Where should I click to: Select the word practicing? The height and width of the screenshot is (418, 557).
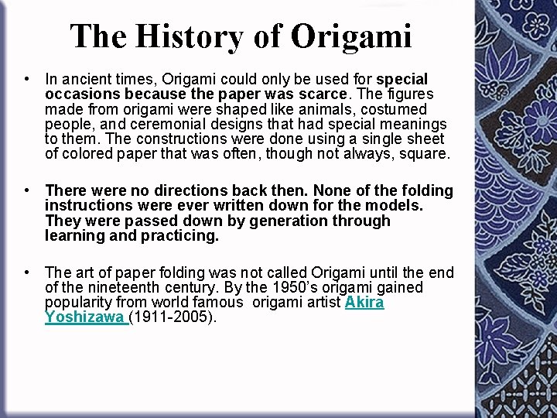coord(179,235)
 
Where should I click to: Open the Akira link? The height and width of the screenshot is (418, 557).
coord(364,302)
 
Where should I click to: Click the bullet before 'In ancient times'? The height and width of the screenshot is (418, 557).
coord(27,79)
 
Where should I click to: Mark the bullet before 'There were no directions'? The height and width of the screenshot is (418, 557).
coord(27,190)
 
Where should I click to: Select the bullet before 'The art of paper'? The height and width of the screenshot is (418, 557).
coord(27,272)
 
